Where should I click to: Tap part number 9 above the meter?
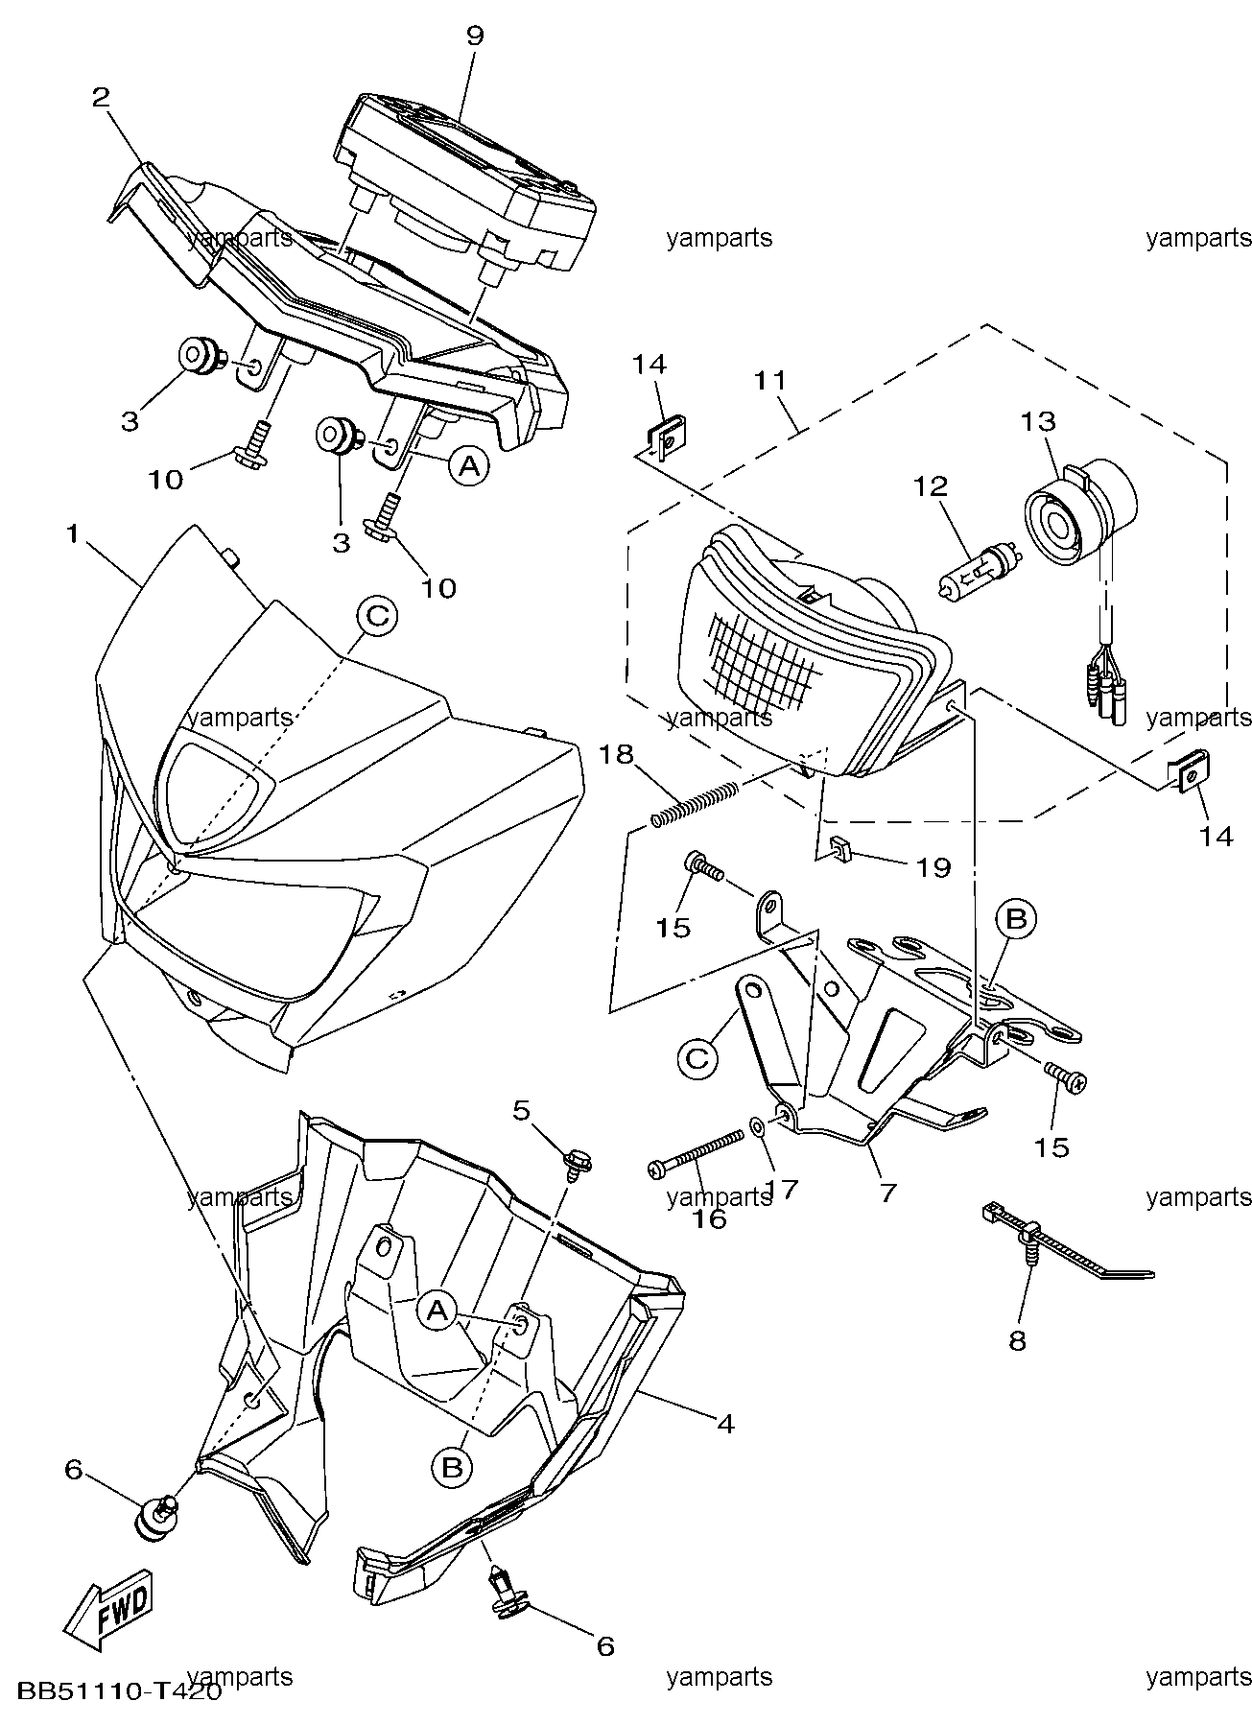pyautogui.click(x=475, y=36)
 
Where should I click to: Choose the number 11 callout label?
pyautogui.click(x=769, y=380)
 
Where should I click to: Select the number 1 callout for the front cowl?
pyautogui.click(x=72, y=534)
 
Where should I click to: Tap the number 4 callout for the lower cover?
pyautogui.click(x=725, y=1424)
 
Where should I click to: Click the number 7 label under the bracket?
pyautogui.click(x=887, y=1193)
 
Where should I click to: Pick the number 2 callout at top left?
pyautogui.click(x=101, y=97)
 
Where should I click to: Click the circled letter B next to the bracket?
pyautogui.click(x=1016, y=919)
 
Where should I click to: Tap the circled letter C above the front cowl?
pyautogui.click(x=377, y=615)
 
